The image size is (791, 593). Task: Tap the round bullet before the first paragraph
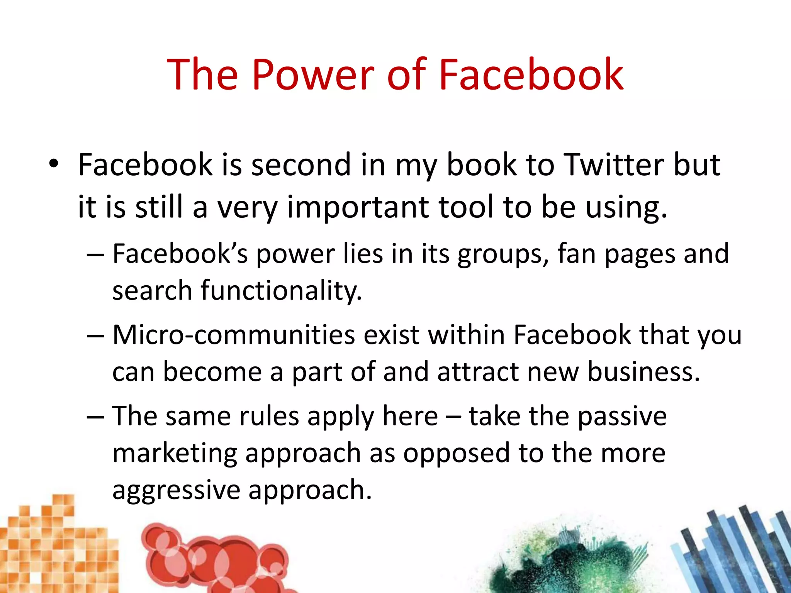tap(53, 164)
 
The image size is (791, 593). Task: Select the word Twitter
tap(614, 165)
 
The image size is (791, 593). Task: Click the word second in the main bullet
tap(301, 165)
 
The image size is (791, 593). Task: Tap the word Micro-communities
tap(233, 335)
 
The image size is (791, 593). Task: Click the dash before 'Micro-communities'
tap(95, 335)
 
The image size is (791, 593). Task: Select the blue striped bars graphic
tap(734, 548)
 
